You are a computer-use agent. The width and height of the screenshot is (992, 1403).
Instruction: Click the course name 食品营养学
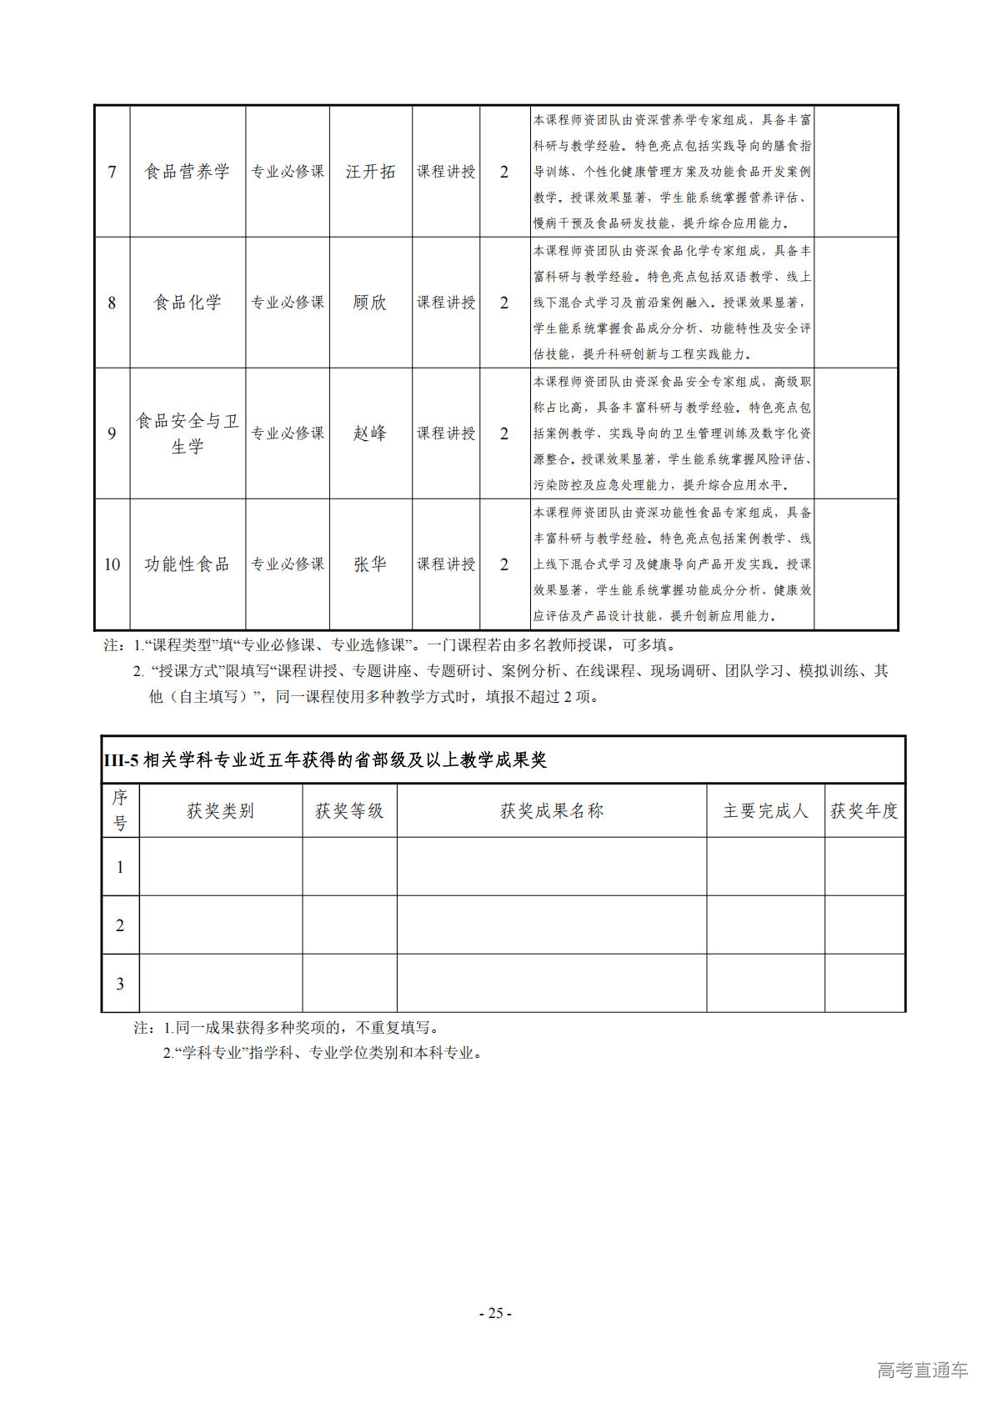pos(187,172)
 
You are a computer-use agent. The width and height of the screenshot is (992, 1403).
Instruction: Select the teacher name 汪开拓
pos(370,172)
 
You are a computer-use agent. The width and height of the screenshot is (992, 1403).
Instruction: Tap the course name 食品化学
pos(187,303)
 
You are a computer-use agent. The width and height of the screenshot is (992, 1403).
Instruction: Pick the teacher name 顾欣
pos(370,303)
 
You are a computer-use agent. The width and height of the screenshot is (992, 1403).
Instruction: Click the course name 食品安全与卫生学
pos(187,433)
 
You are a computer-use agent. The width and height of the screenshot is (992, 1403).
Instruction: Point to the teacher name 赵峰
pos(370,433)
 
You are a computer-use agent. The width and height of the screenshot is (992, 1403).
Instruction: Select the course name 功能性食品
pos(187,564)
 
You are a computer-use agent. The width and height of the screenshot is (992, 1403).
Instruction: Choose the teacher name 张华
pos(370,564)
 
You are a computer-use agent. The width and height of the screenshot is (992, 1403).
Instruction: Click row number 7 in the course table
pos(112,172)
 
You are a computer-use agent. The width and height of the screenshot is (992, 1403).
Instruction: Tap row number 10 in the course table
pos(112,564)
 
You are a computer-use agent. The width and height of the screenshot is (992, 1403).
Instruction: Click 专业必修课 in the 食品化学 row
pos(288,303)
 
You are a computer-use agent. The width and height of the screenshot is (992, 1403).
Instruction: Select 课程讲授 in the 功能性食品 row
pos(446,564)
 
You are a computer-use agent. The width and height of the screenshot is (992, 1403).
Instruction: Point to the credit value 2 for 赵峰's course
pos(504,433)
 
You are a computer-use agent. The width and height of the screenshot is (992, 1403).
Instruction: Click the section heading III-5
pos(325,760)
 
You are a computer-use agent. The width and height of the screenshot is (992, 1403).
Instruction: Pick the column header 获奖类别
pos(220,811)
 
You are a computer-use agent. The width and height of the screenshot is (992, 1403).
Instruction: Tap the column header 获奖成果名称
pos(551,811)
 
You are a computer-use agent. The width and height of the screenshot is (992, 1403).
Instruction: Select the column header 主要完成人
pos(765,811)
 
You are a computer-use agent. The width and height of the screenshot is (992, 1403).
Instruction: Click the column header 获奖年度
pos(864,811)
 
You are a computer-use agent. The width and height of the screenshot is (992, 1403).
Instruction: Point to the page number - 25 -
pos(495,1313)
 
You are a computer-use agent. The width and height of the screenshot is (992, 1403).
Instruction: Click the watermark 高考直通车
pos(922,1370)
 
